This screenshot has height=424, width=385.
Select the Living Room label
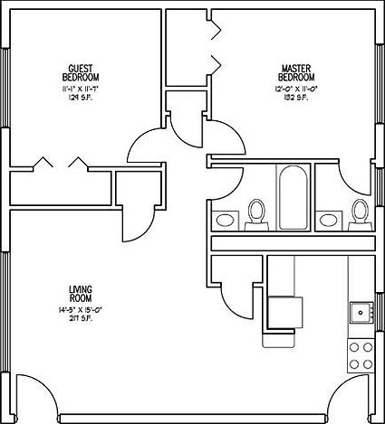[80, 294]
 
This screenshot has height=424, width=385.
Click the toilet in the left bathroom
[255, 213]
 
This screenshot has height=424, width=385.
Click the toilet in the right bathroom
[359, 213]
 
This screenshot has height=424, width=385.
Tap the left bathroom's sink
[226, 219]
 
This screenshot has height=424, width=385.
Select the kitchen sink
[360, 313]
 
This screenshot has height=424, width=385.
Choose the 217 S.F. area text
[80, 318]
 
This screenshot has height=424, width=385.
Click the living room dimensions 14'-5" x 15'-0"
[80, 309]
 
